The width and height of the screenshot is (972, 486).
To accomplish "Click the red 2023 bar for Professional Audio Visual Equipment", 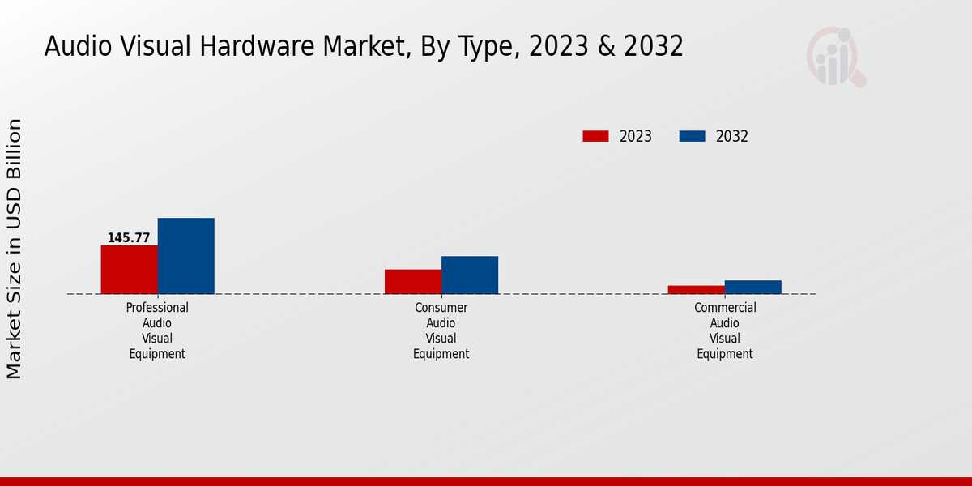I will [129, 269].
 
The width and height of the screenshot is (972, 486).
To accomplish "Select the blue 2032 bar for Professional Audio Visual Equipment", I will [185, 255].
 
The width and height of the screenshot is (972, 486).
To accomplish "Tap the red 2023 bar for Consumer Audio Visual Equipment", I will [412, 281].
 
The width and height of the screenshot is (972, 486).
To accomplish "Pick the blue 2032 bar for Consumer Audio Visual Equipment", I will [469, 275].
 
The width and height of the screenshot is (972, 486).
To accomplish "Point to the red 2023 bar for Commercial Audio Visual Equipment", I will [696, 289].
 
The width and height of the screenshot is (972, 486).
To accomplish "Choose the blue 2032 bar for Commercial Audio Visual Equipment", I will [752, 287].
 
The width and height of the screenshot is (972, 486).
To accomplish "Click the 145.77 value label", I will [129, 238].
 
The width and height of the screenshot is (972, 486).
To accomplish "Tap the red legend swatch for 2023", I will [595, 136].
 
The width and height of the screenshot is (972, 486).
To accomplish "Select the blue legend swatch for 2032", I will [692, 136].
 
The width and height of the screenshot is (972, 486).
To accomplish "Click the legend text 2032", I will [731, 136].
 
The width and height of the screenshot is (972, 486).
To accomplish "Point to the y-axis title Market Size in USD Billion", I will [15, 249].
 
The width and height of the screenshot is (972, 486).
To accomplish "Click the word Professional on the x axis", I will [157, 308].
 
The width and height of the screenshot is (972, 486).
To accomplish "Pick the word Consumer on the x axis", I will [441, 308].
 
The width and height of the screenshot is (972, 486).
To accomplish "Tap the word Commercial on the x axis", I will [725, 308].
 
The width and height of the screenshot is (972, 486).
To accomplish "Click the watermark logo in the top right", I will [835, 57].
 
